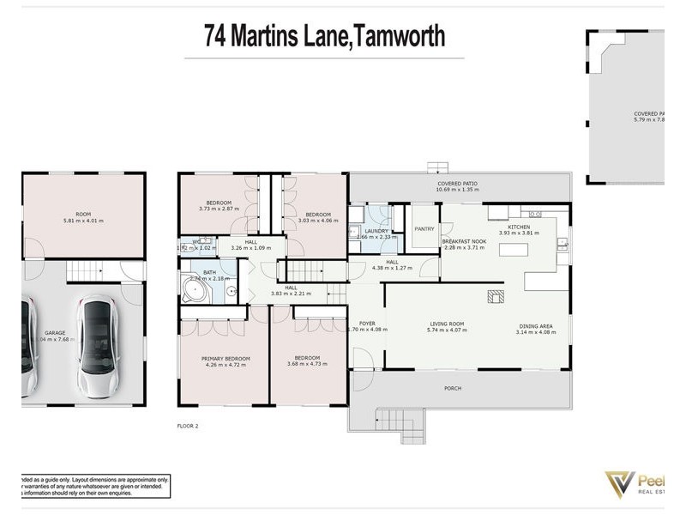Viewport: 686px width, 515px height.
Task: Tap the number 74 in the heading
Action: (x=216, y=36)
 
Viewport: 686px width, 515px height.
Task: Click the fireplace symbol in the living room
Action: (x=496, y=296)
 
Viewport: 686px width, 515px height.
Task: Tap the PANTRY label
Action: (x=424, y=229)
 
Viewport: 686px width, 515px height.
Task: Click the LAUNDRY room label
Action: (x=376, y=231)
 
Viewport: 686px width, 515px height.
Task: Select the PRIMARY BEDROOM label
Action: (x=226, y=358)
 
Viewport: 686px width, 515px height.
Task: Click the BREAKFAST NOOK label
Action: (x=464, y=242)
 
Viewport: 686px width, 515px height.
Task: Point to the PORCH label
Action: (x=453, y=388)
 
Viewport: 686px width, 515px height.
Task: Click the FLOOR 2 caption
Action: (x=188, y=425)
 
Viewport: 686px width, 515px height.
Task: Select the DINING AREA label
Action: (x=535, y=325)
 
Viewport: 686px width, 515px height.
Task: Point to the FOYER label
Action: (x=367, y=324)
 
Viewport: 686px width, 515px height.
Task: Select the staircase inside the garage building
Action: (x=85, y=272)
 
